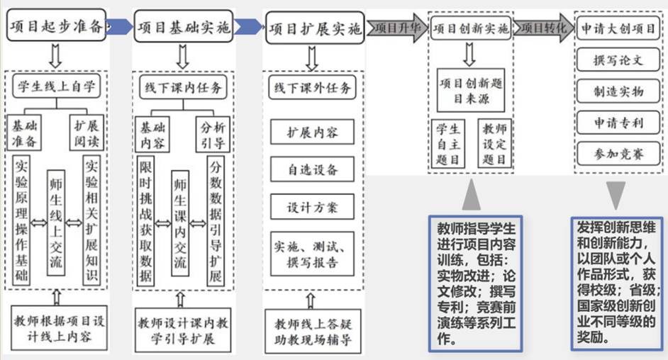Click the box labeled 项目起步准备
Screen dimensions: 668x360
coord(56,26)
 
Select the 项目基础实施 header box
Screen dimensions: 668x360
coord(184,27)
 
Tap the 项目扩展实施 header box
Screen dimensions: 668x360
coord(315,28)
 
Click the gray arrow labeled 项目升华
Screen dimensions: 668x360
coord(397,28)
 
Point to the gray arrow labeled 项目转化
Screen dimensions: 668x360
coord(544,28)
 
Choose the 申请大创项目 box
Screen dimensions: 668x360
coord(618,28)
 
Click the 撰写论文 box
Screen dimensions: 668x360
coord(618,60)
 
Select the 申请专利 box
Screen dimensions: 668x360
coord(618,123)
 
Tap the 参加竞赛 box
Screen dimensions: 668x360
coord(618,154)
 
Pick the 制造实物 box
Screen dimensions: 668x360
coord(618,91)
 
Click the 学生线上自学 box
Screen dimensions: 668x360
coord(57,86)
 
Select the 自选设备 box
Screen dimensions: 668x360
coord(312,170)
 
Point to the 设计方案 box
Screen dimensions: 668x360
coord(312,207)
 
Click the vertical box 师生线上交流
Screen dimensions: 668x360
coord(56,223)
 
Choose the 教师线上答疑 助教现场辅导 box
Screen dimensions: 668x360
coord(313,332)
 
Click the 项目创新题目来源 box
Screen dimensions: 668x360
coord(471,90)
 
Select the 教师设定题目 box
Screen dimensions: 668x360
coord(494,143)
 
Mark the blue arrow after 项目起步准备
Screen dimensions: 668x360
coord(120,26)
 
